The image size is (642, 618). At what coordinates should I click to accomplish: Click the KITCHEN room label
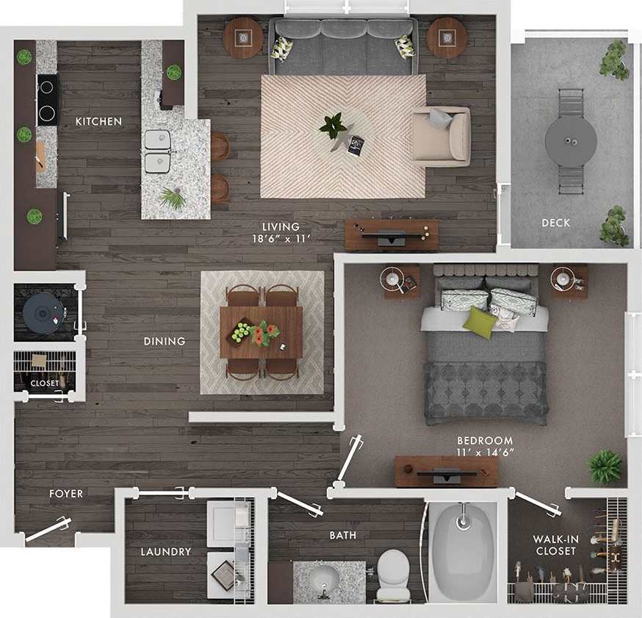click(x=98, y=121)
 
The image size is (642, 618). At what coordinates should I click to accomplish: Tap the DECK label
click(x=555, y=223)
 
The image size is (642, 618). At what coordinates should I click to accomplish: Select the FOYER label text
click(x=66, y=494)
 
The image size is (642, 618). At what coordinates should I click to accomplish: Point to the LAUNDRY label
click(x=166, y=551)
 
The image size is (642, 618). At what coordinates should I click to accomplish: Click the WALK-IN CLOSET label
click(x=556, y=545)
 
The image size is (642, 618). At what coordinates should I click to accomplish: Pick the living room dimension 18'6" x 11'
click(x=281, y=238)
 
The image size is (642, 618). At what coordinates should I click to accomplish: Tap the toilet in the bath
click(x=394, y=571)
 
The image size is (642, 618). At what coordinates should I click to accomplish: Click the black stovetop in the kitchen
click(x=47, y=100)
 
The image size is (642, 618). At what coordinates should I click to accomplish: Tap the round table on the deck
click(x=571, y=136)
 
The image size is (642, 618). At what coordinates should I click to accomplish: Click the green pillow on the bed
click(x=480, y=323)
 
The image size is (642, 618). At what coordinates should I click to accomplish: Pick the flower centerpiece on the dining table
click(x=264, y=333)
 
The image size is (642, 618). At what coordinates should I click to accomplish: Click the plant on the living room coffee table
click(x=333, y=126)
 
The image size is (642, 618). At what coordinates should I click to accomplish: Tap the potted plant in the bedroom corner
click(x=605, y=467)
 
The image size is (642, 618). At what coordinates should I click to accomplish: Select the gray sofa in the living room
click(x=343, y=47)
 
